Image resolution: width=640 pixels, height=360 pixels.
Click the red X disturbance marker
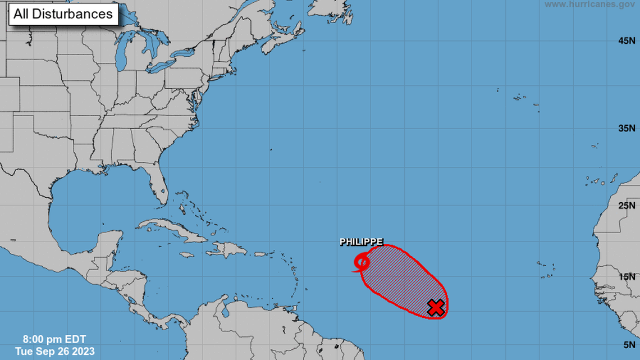pyautogui.click(x=436, y=307)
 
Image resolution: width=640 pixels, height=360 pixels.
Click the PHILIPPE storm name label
pyautogui.click(x=361, y=242)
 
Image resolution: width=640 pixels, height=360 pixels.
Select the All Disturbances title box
pyautogui.click(x=63, y=14)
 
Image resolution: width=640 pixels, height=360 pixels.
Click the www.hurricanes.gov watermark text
pyautogui.click(x=589, y=4)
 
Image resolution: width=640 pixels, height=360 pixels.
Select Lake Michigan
pyautogui.click(x=123, y=56)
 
